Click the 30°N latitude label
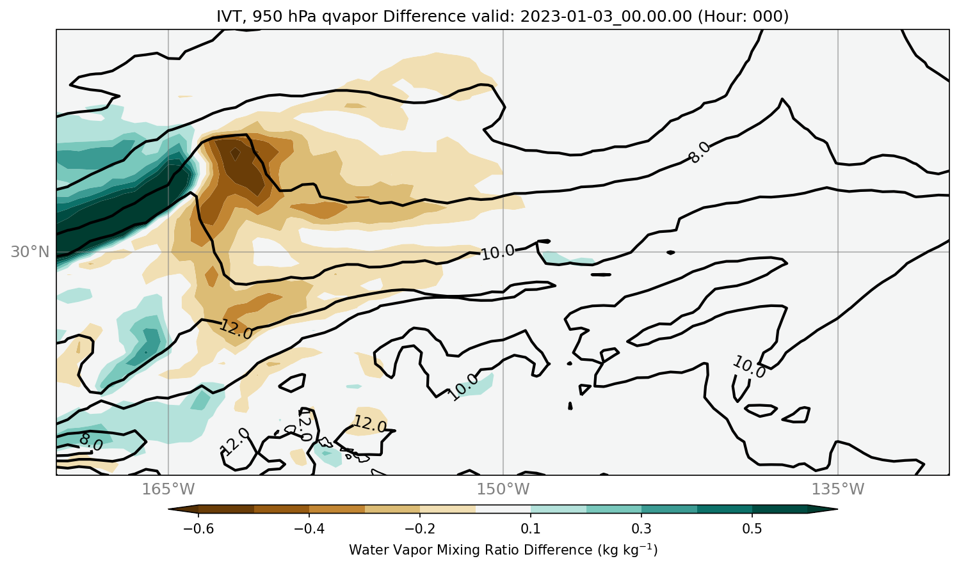click(30, 252)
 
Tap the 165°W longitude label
click(168, 489)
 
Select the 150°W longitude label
click(503, 489)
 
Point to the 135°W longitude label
click(838, 489)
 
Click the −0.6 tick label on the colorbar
click(198, 528)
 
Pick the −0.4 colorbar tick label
click(309, 528)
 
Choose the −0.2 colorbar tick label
click(420, 528)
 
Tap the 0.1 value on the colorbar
click(531, 528)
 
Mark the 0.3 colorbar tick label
click(641, 528)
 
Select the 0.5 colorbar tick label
click(752, 528)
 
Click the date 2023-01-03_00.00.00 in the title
click(606, 17)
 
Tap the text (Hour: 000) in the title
click(743, 16)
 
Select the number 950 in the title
click(265, 16)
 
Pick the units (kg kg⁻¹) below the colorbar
click(627, 549)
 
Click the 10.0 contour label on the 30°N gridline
click(498, 253)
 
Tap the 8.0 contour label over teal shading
click(91, 442)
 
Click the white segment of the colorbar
click(503, 509)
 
